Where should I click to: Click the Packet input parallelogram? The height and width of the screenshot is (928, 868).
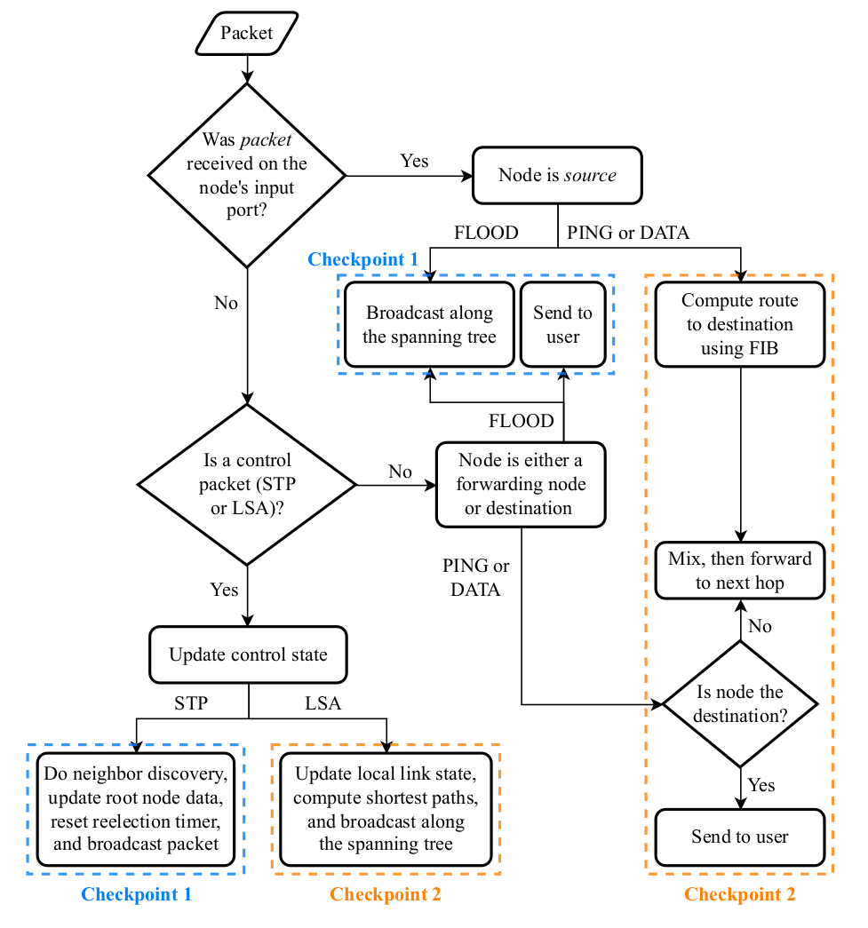coord(247,34)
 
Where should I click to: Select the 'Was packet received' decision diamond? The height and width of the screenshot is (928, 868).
coord(246,175)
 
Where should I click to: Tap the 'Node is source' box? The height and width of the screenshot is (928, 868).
coord(557,175)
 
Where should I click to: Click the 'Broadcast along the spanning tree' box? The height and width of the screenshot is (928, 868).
coord(429,324)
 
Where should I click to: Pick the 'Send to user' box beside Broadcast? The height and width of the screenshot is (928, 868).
coord(562,324)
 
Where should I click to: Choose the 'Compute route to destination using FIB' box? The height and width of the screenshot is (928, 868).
coord(740,324)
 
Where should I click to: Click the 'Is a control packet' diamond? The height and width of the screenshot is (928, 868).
coord(246,484)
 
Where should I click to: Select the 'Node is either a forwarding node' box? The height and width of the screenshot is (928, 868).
coord(520,484)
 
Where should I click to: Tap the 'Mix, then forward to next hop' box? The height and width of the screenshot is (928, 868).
coord(740,570)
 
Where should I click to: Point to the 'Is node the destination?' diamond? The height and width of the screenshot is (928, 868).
coord(740,703)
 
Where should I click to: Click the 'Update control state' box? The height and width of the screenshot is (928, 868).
coord(248,655)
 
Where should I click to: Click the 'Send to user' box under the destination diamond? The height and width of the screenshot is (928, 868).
coord(740,837)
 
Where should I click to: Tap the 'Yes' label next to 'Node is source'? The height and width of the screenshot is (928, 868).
coord(414,161)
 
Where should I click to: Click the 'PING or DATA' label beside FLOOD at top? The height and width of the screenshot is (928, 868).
coord(628,234)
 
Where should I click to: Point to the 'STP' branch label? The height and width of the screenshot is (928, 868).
coord(191,703)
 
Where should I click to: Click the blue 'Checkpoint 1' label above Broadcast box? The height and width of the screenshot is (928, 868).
coord(362,259)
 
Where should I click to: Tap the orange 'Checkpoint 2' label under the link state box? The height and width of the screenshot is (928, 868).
coord(386,894)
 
